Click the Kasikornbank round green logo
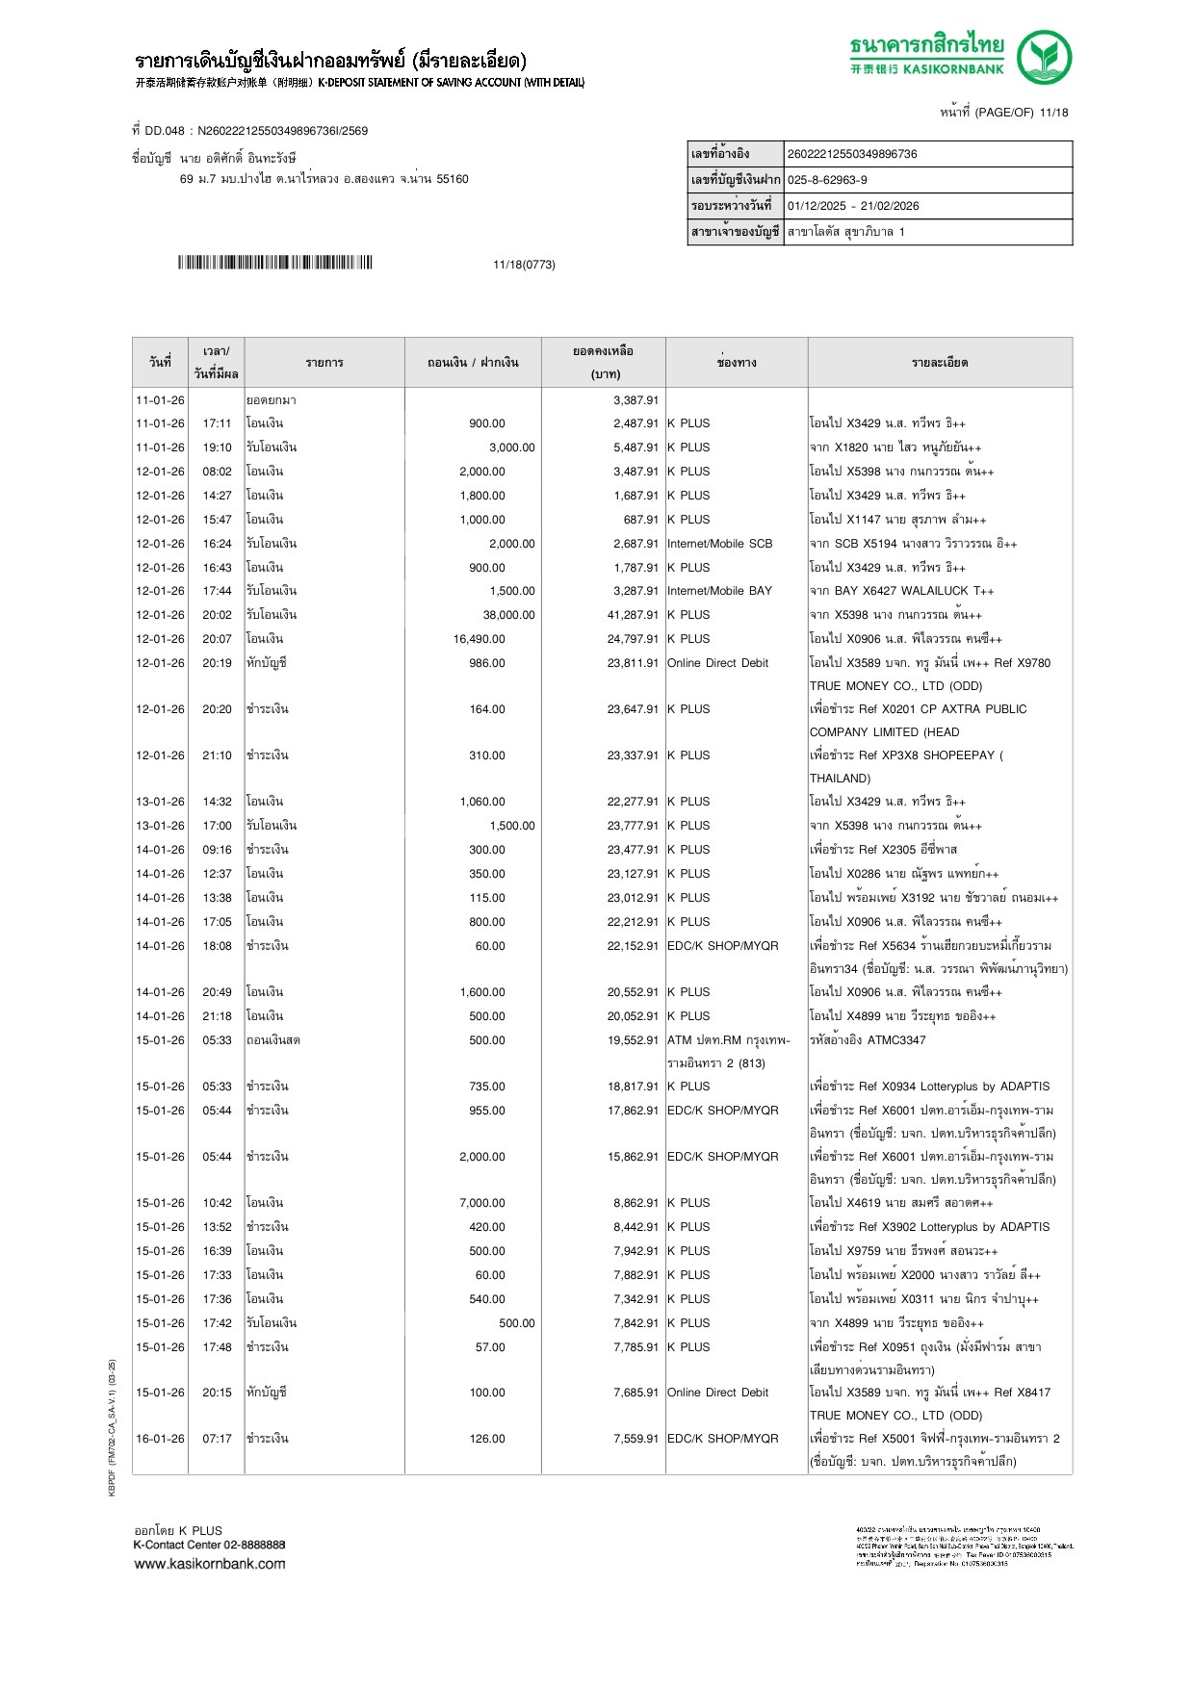tap(1045, 57)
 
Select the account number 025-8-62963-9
tap(827, 180)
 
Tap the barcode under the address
tap(274, 263)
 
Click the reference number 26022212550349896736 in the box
tap(852, 154)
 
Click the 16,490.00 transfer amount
tap(479, 639)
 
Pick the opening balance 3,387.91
tap(635, 400)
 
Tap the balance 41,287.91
tap(633, 615)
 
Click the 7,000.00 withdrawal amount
tap(481, 1203)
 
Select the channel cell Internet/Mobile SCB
tap(719, 544)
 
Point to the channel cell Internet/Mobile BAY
tap(719, 591)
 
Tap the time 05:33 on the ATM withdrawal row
tap(217, 1040)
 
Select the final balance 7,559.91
tap(635, 1439)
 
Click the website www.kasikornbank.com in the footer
tap(210, 1564)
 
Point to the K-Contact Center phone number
tap(254, 1545)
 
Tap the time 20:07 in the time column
tap(217, 639)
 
